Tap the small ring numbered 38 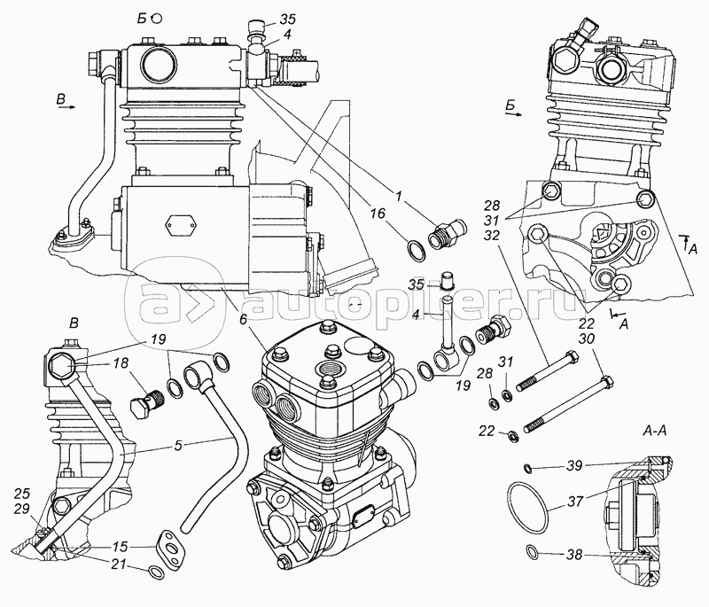click(532, 555)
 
